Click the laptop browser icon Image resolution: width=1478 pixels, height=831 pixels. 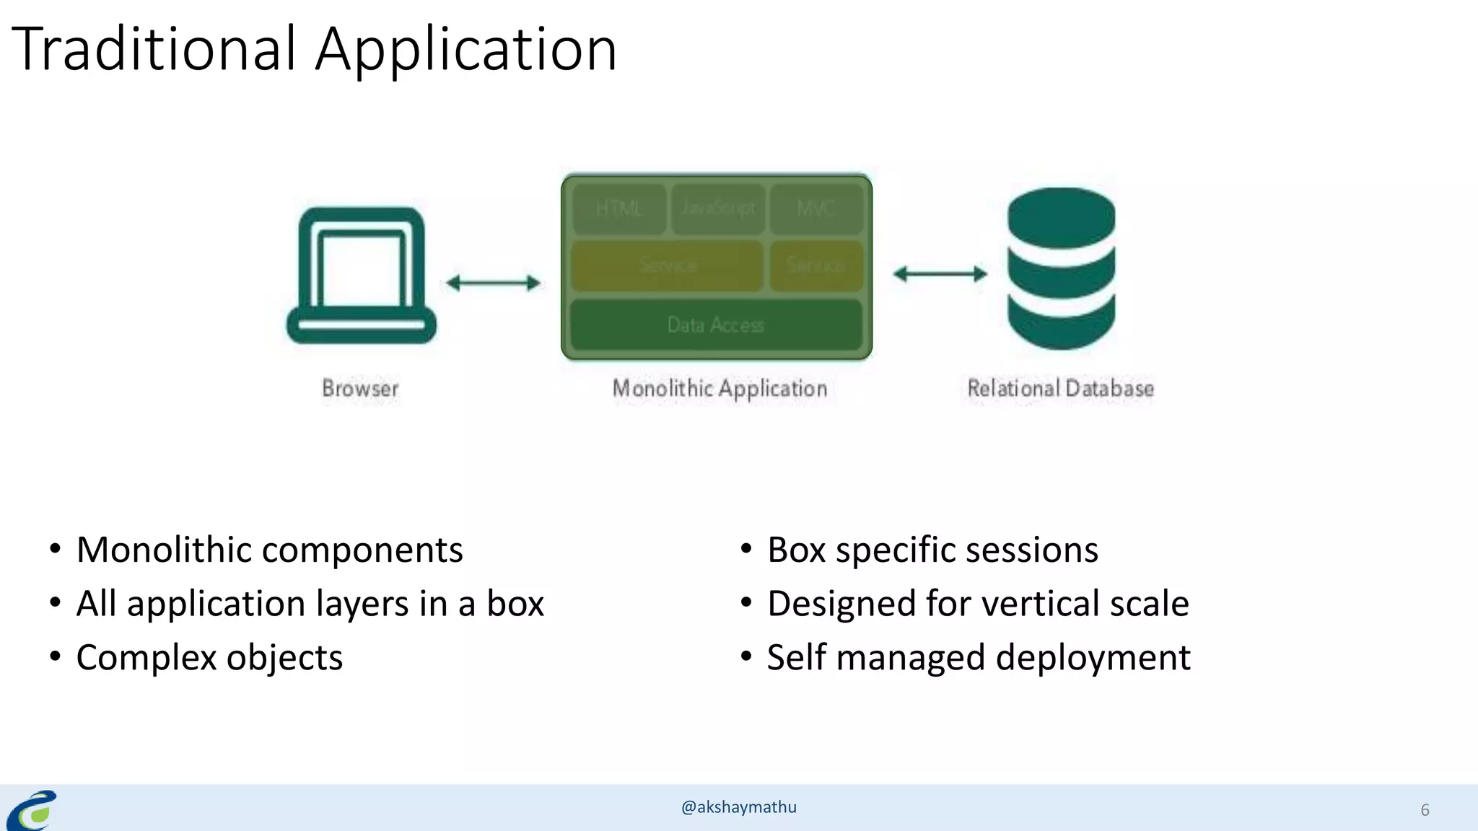[361, 276]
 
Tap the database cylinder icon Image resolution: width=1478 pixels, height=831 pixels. [1061, 268]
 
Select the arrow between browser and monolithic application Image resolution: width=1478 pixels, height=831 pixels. [493, 283]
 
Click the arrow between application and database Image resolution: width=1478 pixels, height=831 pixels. [940, 274]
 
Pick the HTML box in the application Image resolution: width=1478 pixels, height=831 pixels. [619, 208]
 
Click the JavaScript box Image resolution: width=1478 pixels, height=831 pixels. [718, 208]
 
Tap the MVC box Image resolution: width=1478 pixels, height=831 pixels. [816, 208]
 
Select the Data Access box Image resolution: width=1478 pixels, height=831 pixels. [716, 325]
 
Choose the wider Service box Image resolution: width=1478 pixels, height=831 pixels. [668, 265]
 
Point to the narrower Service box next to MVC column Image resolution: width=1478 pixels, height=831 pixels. [816, 265]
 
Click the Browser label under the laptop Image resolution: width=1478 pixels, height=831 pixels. [360, 389]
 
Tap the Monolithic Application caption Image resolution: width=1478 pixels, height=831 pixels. [720, 389]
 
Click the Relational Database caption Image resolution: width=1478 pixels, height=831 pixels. [1060, 389]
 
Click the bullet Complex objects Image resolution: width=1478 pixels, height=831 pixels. [209, 658]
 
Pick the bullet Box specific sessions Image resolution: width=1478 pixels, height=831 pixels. [932, 550]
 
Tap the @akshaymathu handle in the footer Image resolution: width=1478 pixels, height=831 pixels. [738, 807]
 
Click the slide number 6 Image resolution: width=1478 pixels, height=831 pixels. [1425, 810]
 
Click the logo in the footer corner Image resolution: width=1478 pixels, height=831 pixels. [32, 810]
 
